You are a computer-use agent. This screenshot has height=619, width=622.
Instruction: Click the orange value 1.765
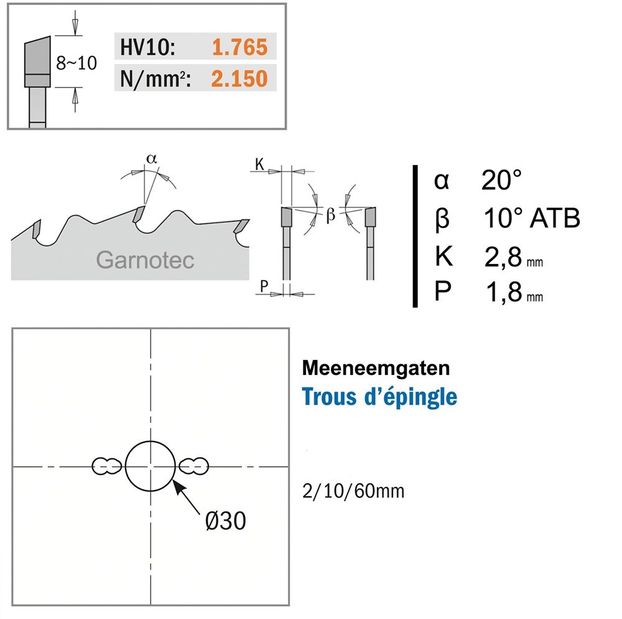(239, 47)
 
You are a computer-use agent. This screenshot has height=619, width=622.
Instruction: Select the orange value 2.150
(239, 78)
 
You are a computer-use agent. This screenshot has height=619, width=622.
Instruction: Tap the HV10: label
(147, 47)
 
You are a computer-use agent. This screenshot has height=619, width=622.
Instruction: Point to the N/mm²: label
(155, 79)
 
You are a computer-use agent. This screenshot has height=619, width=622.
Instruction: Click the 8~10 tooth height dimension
(76, 63)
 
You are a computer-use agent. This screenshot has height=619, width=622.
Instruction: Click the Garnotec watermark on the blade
(145, 260)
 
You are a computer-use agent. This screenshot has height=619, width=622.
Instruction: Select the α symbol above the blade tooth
(152, 159)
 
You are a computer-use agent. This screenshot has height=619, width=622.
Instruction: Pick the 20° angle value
(501, 180)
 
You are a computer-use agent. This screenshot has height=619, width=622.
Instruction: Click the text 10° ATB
(532, 218)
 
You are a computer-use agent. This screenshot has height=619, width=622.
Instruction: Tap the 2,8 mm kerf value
(513, 257)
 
